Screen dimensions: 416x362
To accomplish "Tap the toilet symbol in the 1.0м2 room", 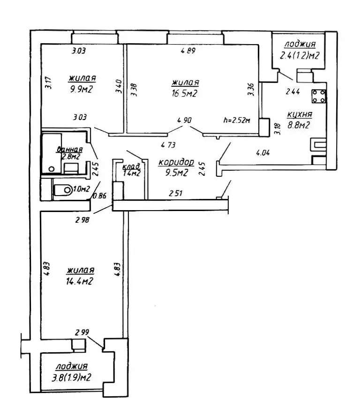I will tap(63, 190).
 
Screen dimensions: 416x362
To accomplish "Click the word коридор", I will tap(176, 162).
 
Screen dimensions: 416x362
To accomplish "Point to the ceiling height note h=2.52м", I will tap(238, 121).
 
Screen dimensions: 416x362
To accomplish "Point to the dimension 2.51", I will tap(177, 192).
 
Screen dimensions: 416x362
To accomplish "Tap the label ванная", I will tap(67, 150).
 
